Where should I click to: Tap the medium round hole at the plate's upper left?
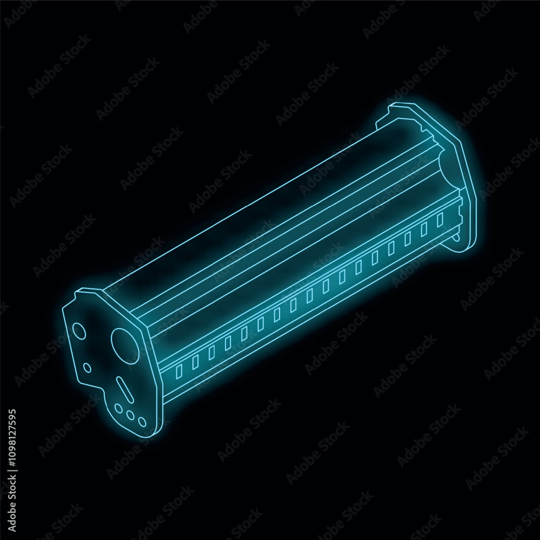pos(79,330)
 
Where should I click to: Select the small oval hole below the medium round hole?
pos(86,368)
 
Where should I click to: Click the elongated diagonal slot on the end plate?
pos(124,389)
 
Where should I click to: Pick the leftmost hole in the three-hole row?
pos(119,409)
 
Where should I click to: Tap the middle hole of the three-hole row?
pos(131,415)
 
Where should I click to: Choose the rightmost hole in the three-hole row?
pos(141,422)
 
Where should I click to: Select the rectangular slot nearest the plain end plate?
pos(440,218)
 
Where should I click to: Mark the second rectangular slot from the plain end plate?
pos(424,227)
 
